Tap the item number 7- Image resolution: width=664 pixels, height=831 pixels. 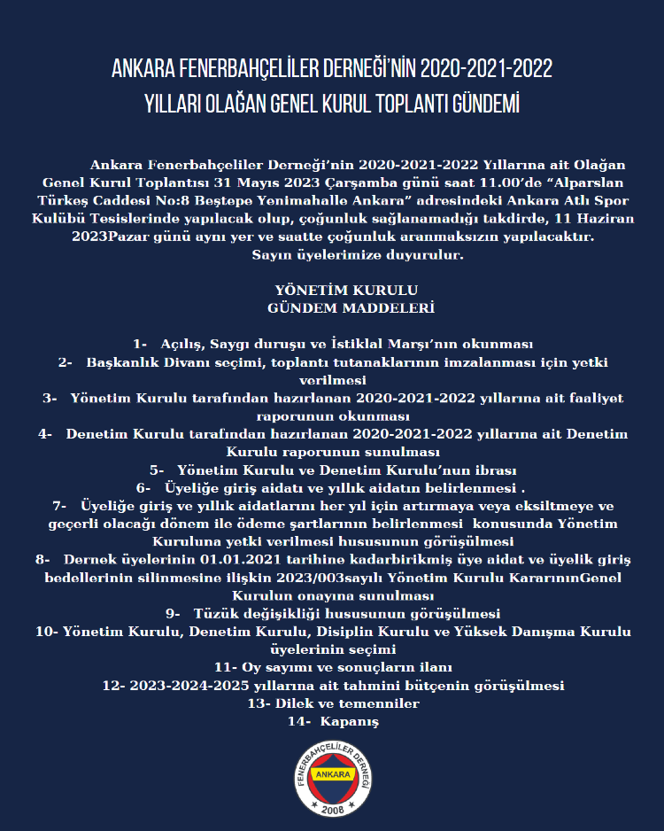(61, 506)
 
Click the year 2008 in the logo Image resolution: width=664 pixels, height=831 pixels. (333, 811)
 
